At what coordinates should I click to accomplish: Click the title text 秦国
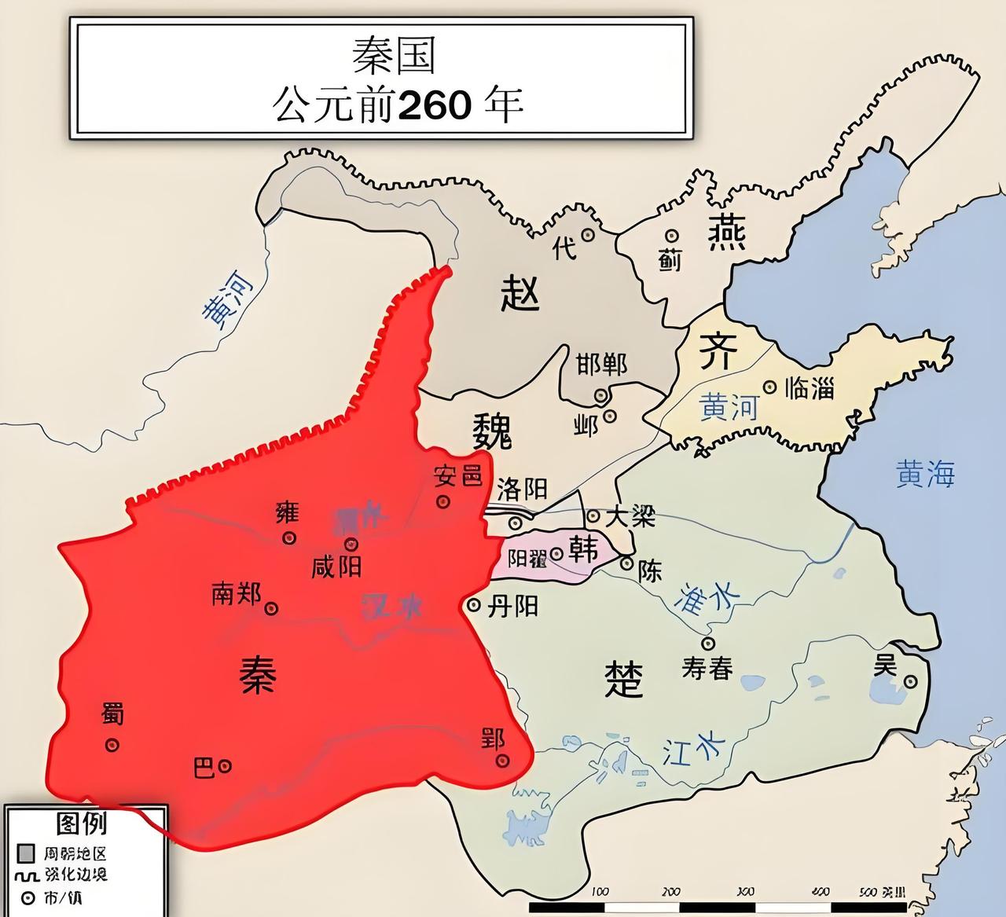pos(393,57)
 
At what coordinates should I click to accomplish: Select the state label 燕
pos(727,232)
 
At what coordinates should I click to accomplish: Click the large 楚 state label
pos(624,679)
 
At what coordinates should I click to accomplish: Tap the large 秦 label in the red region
pos(258,674)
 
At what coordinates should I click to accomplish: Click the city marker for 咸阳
pos(351,544)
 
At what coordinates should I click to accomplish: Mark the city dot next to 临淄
pos(770,387)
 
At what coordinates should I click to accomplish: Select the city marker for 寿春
pos(708,643)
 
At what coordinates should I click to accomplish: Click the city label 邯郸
pos(601,365)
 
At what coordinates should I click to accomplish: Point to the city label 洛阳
pos(522,490)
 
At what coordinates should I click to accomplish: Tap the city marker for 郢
pos(502,760)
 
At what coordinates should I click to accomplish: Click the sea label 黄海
pos(925,474)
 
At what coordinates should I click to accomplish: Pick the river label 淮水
pos(702,599)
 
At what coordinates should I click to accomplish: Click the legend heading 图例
pos(82,823)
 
